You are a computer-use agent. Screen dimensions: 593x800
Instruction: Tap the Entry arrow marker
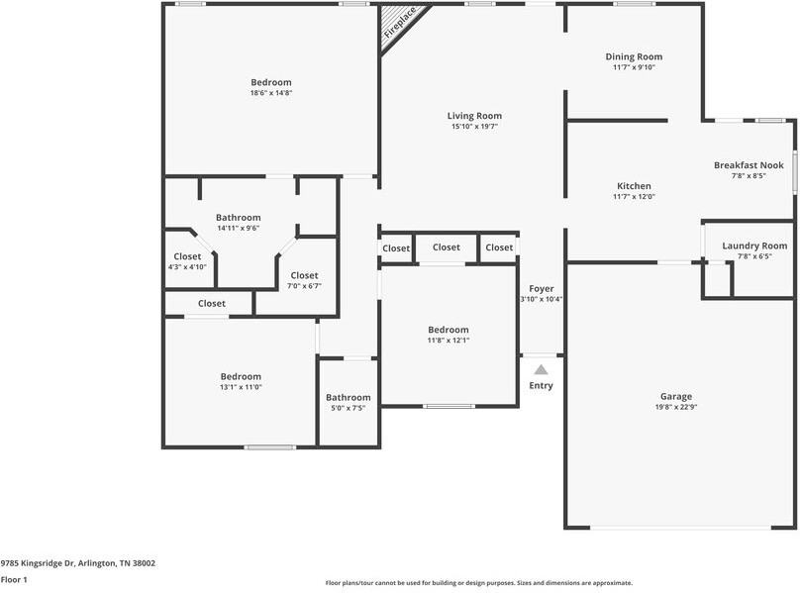(541, 369)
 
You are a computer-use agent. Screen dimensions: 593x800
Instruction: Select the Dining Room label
(634, 57)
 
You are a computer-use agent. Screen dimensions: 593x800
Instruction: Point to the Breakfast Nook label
(749, 165)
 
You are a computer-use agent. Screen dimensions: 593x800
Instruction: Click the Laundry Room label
(754, 246)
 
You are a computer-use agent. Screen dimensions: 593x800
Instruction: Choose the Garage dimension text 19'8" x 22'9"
(677, 407)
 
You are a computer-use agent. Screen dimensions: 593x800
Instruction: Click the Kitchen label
(634, 186)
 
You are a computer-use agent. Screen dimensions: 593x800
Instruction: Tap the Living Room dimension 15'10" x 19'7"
(474, 127)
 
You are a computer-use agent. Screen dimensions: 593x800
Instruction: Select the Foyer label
(541, 288)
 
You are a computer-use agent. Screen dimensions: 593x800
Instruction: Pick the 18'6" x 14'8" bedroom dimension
(271, 93)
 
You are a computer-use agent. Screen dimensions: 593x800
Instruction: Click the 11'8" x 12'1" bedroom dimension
(448, 341)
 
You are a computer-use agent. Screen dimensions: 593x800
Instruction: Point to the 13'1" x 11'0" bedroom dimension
(241, 387)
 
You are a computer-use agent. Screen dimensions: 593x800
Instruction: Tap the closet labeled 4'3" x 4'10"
(187, 267)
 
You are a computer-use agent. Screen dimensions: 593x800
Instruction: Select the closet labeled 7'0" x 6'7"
(304, 286)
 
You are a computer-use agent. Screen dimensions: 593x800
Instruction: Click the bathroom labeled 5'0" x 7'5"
(349, 408)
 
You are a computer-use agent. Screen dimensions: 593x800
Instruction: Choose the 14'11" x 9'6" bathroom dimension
(239, 229)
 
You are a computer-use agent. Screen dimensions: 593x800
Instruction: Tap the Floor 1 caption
(14, 580)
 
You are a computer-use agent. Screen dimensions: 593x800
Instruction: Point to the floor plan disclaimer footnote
(478, 583)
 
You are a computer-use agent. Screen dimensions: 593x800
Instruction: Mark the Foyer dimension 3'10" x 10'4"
(541, 299)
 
